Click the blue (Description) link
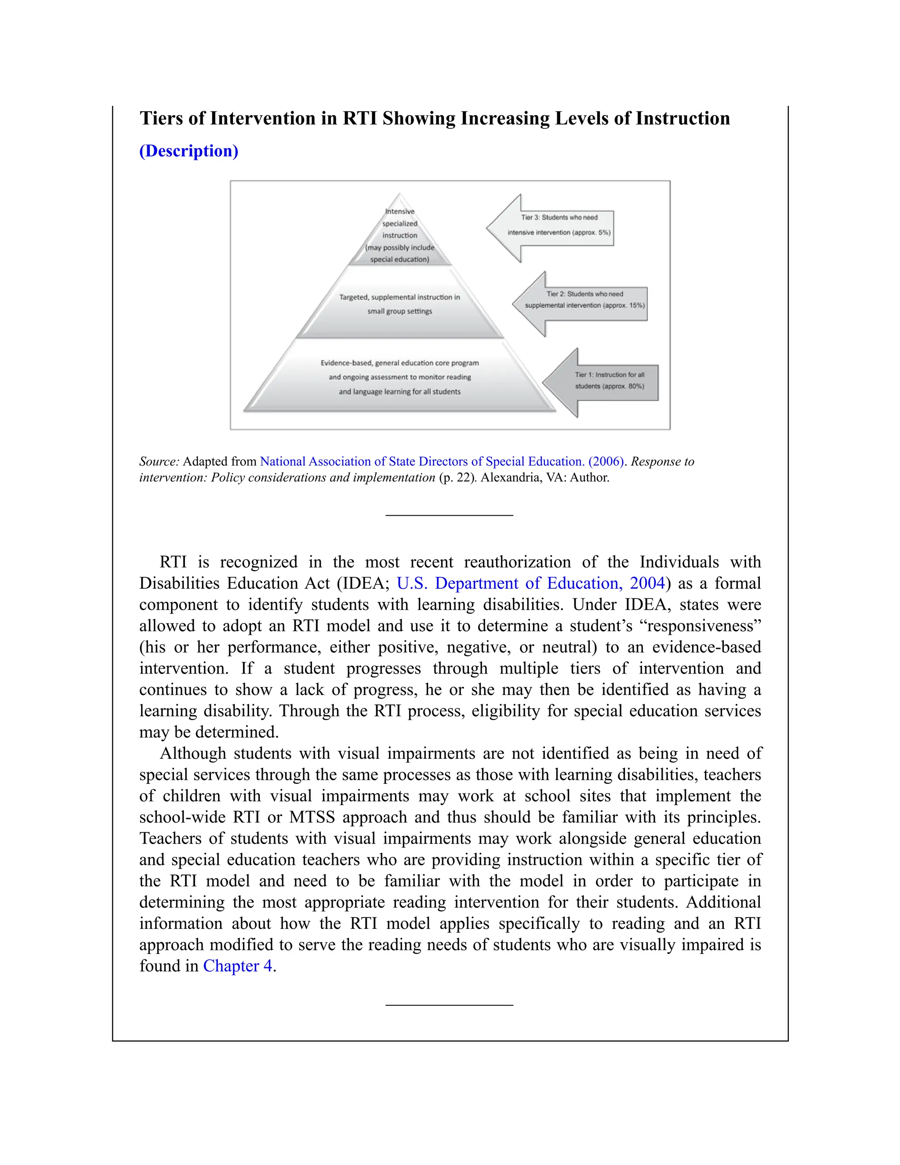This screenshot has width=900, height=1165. tap(188, 151)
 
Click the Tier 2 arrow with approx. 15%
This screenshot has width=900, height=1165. tap(584, 300)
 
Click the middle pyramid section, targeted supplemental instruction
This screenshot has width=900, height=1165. tap(400, 304)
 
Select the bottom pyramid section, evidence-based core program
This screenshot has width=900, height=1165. tap(400, 377)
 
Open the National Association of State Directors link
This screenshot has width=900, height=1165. tap(442, 462)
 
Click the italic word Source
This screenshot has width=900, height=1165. tap(158, 462)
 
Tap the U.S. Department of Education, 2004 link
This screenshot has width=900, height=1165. tap(530, 583)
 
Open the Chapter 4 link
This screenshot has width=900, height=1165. tap(237, 966)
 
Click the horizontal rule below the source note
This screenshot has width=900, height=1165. tap(449, 515)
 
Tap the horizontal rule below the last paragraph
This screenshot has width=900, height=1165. tap(449, 1005)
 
